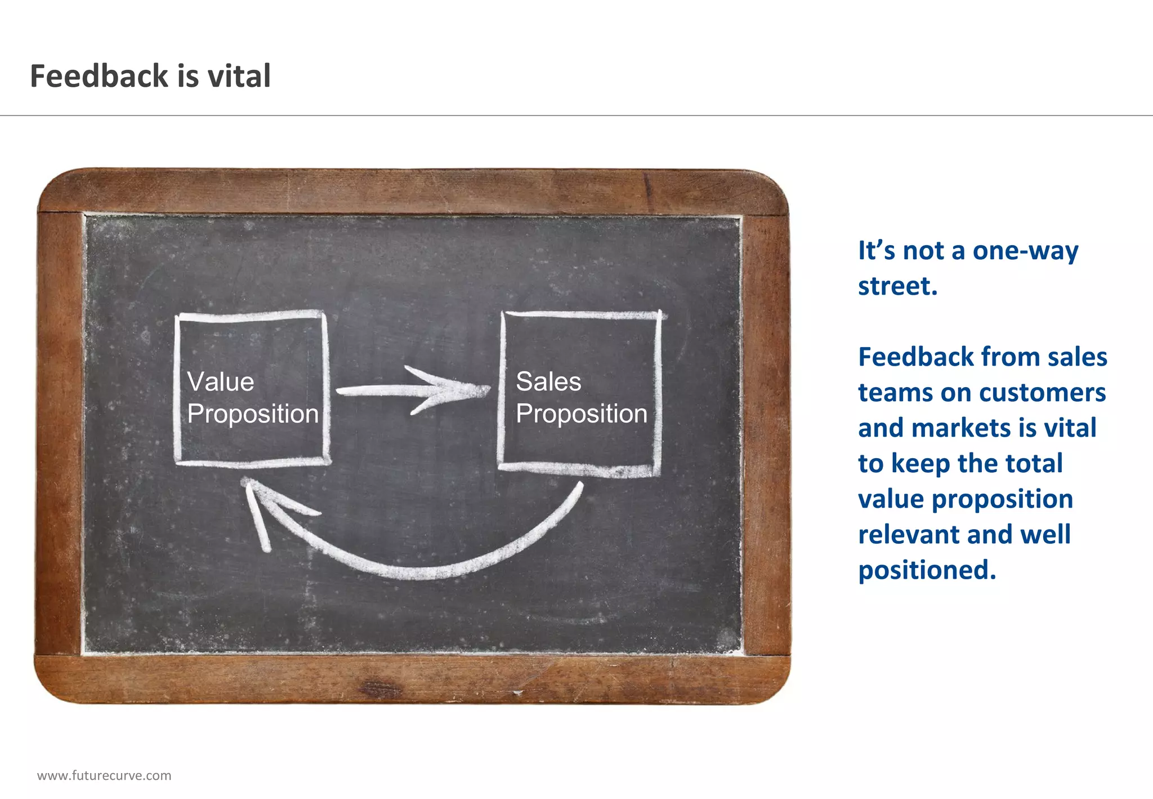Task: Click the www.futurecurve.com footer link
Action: tap(104, 775)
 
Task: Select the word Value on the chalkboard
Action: tap(221, 382)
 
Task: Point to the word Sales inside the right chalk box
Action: tap(548, 381)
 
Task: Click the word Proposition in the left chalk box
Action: tap(253, 414)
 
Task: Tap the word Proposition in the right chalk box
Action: tap(582, 414)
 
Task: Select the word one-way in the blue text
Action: tap(1025, 251)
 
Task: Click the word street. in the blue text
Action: tap(897, 286)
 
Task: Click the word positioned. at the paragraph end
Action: tap(927, 570)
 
